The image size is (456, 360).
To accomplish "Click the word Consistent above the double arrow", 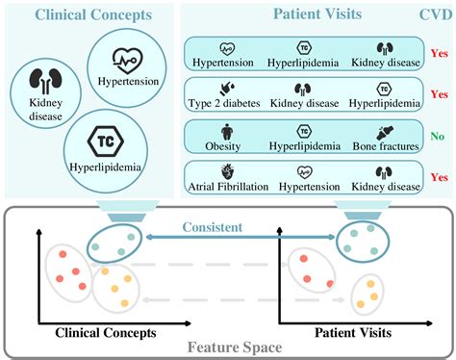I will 242,229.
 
